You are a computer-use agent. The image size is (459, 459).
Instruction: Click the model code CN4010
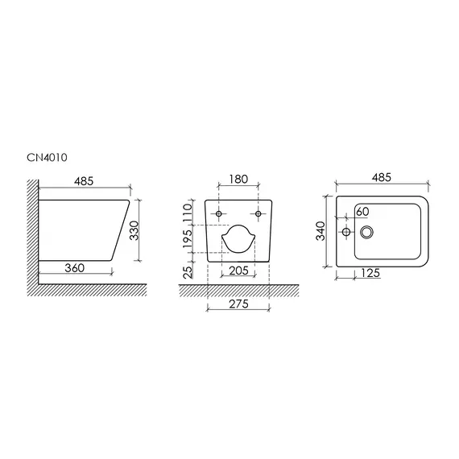point(47,158)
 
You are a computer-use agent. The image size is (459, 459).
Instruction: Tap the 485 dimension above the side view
point(84,181)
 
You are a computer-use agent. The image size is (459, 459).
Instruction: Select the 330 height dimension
point(134,230)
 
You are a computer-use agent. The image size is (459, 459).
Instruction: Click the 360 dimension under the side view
point(74,268)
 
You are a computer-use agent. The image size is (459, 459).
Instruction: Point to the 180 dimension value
point(238,179)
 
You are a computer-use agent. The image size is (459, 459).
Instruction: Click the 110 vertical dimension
point(188,213)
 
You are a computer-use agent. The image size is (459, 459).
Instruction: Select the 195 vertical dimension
point(188,238)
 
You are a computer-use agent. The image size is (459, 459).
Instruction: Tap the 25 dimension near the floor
point(188,271)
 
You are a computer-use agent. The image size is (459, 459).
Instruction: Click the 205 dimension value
point(238,271)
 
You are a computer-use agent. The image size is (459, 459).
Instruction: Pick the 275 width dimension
point(238,304)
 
